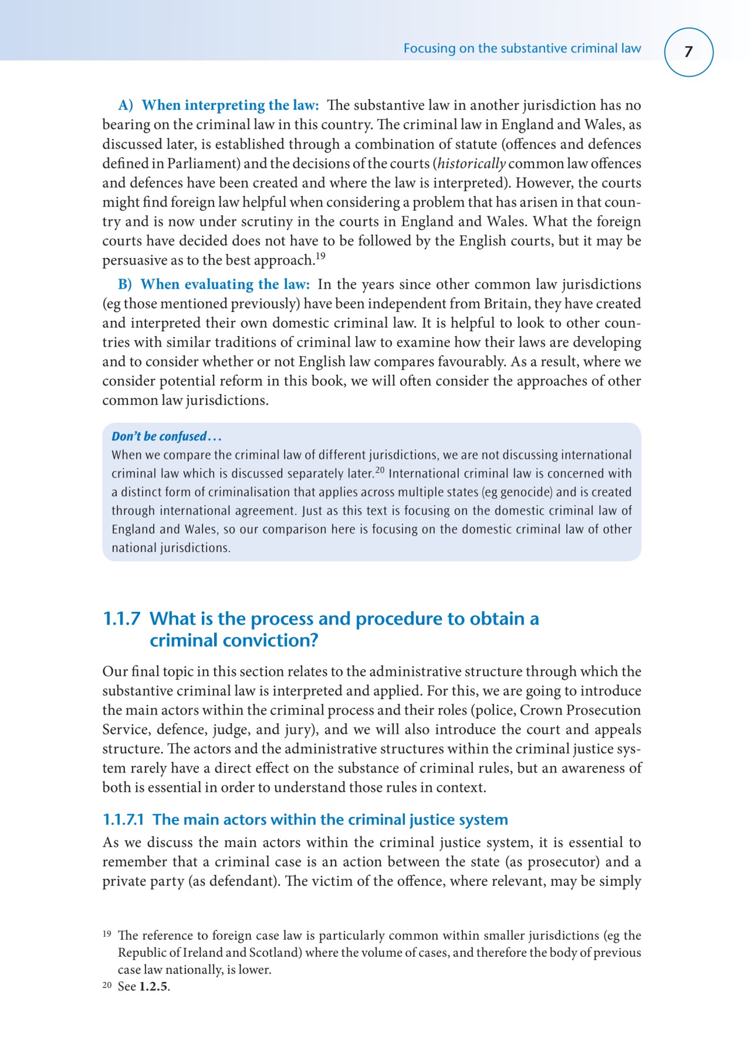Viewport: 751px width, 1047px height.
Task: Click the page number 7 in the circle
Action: point(688,52)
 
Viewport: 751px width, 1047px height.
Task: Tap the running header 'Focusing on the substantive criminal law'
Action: point(522,49)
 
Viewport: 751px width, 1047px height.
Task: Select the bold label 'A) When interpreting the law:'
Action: point(218,106)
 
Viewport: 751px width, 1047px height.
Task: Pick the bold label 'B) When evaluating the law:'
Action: point(214,284)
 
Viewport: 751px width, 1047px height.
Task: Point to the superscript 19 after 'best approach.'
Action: point(320,256)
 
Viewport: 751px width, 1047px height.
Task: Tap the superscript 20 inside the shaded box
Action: point(380,470)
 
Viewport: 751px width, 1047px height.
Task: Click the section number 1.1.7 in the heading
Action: point(121,619)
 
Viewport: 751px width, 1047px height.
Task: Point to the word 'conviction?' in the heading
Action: point(272,640)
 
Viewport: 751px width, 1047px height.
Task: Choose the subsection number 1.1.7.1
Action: point(123,819)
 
